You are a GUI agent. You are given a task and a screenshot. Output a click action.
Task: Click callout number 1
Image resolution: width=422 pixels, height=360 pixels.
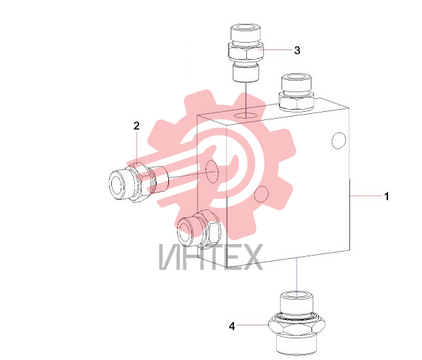pos(387,196)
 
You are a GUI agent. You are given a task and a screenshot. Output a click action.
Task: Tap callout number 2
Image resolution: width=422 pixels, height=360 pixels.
pos(137,125)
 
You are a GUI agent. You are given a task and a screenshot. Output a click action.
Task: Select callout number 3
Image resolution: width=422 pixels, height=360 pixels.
pos(297,50)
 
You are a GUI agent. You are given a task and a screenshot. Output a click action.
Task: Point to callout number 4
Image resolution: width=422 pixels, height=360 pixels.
pos(232,326)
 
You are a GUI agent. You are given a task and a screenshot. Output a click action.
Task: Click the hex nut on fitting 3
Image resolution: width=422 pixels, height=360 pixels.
pos(246,53)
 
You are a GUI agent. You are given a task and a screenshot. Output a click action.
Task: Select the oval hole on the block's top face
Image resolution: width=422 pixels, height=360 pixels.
pos(246,116)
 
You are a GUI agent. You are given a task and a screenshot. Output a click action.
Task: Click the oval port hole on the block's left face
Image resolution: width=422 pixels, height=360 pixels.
pos(211,171)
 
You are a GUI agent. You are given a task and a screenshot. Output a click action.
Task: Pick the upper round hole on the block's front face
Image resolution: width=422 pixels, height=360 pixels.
pos(339,140)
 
